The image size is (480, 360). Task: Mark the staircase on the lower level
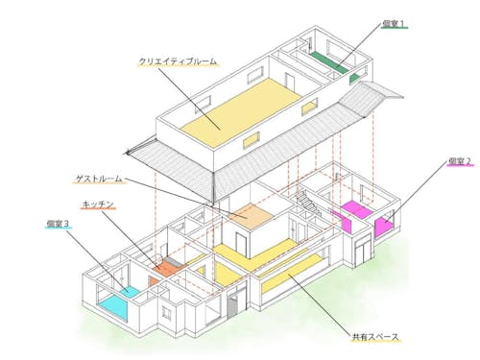[305, 201]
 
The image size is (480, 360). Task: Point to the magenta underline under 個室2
[460, 166]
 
